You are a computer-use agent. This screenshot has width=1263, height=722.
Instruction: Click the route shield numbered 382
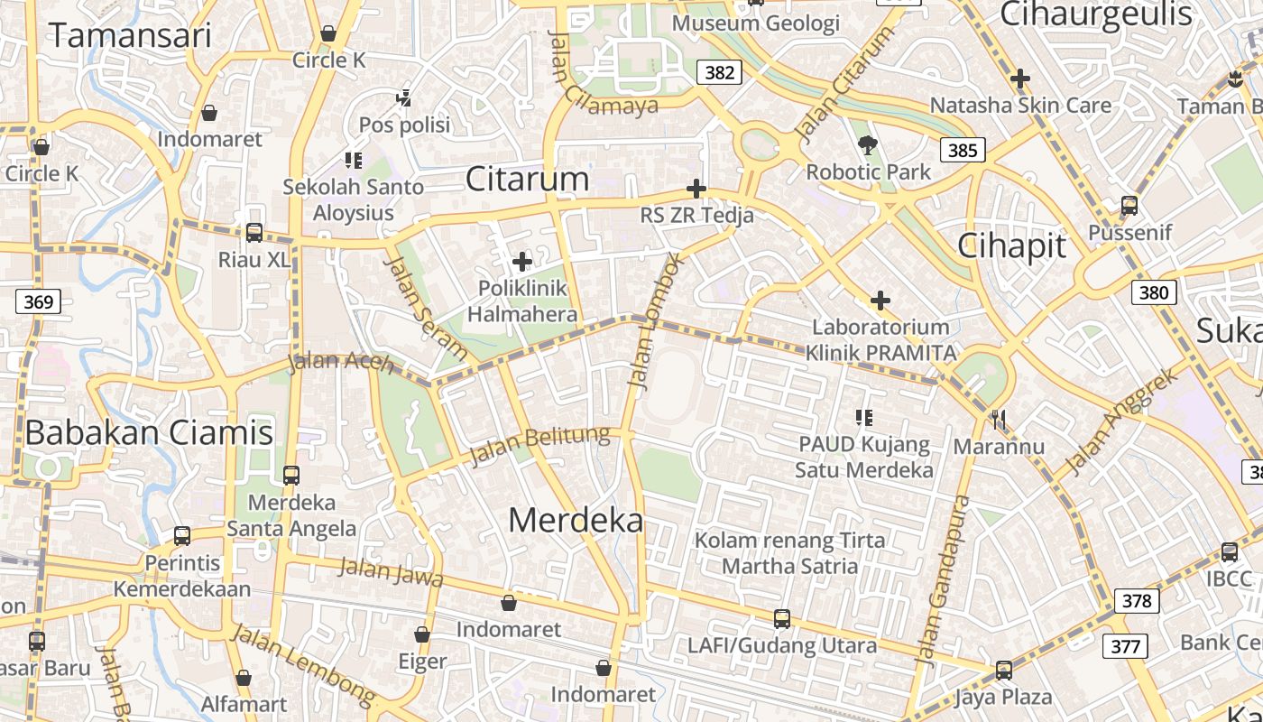(719, 72)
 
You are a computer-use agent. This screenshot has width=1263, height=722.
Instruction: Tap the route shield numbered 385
(963, 150)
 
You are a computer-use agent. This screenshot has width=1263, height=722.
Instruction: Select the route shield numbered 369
(38, 301)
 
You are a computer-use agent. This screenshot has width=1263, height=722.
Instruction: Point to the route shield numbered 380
(1153, 292)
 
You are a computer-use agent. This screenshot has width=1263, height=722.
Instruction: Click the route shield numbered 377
(1125, 646)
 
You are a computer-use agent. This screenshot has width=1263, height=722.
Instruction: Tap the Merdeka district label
(576, 520)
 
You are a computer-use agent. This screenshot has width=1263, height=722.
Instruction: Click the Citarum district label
(527, 179)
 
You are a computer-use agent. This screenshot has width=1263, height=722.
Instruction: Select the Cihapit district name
(1011, 245)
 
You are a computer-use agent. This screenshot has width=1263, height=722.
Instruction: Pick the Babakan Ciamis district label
(149, 432)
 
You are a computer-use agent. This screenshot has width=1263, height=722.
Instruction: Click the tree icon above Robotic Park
(868, 144)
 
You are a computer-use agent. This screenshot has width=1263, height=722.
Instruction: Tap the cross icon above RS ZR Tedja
(696, 189)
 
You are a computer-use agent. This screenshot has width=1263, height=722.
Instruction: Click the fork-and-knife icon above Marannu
(998, 419)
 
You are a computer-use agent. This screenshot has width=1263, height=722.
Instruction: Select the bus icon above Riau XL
(254, 233)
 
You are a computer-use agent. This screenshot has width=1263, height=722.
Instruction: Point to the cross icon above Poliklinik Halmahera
(521, 262)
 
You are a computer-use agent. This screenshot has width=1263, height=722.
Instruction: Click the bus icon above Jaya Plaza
(1003, 671)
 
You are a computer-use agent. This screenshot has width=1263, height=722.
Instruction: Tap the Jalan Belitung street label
(540, 445)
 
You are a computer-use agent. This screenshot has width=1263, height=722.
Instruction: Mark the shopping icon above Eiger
(422, 635)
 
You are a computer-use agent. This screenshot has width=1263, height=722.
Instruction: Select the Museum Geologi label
(755, 23)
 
